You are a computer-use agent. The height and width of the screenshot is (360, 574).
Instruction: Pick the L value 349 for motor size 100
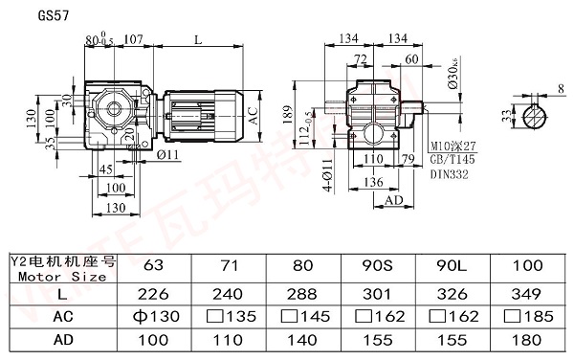(527, 295)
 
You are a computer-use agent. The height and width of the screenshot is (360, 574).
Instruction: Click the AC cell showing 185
(527, 317)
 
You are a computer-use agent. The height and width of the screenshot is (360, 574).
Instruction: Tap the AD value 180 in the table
(527, 339)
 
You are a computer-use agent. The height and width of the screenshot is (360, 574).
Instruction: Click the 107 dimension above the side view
(134, 40)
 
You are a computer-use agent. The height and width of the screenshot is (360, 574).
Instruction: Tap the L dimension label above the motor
(197, 40)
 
